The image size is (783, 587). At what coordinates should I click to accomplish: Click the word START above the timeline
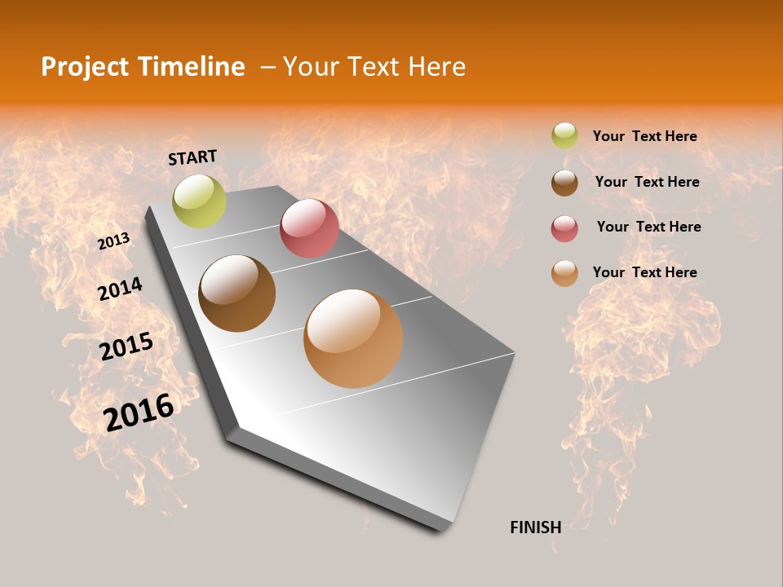tap(192, 157)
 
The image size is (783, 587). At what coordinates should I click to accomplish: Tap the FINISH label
tap(535, 527)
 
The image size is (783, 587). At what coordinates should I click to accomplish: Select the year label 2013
tap(113, 241)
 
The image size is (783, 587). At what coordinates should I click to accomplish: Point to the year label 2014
tap(120, 289)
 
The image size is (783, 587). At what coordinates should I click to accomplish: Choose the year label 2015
tap(126, 346)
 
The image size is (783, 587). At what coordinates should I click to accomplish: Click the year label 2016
tap(139, 412)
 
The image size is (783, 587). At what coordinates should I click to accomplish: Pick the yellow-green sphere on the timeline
tap(199, 201)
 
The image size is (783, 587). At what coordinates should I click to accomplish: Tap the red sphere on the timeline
tap(309, 228)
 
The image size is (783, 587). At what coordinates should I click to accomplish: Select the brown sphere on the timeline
tap(237, 293)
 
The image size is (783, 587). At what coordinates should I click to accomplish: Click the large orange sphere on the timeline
tap(353, 338)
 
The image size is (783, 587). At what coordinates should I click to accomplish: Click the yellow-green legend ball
tap(564, 136)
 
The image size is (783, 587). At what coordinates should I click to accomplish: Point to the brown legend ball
tap(564, 183)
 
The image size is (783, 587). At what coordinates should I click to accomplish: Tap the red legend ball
tap(564, 228)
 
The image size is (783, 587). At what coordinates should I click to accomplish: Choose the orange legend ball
tap(564, 273)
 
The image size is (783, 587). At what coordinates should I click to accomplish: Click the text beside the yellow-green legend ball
tap(644, 136)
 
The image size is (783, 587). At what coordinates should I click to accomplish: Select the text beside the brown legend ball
tap(647, 182)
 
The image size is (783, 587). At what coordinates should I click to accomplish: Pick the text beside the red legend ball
tap(648, 227)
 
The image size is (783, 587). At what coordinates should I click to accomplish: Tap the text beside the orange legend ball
tap(644, 272)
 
